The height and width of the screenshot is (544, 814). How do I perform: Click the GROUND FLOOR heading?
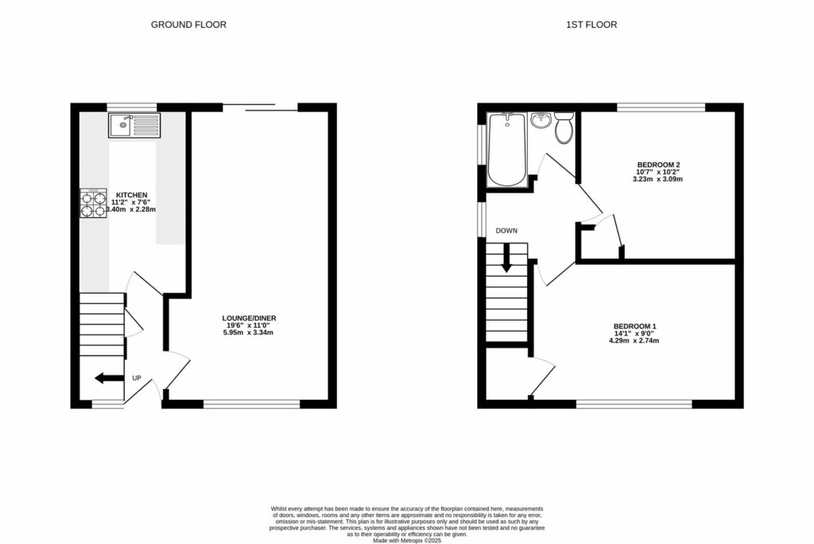click(188, 25)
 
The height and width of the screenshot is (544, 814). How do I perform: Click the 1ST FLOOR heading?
click(591, 25)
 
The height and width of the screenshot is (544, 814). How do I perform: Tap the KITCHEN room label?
click(131, 195)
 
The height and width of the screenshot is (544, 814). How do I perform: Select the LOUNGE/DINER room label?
click(249, 318)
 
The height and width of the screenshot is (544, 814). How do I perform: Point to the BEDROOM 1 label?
click(634, 326)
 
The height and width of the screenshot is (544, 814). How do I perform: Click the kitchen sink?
click(134, 124)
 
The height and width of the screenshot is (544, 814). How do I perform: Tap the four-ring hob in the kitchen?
click(93, 204)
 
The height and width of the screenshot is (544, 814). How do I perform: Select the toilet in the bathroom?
click(564, 127)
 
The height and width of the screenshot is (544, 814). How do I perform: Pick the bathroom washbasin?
click(541, 121)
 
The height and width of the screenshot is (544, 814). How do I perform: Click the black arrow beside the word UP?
click(109, 378)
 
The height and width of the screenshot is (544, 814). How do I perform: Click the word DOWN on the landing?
click(506, 231)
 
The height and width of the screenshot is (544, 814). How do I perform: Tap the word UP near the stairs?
click(137, 378)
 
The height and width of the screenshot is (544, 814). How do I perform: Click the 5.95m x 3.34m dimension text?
click(249, 332)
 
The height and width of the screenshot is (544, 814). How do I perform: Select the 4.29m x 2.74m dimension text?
click(634, 340)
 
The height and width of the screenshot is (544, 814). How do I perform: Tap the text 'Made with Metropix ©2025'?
click(407, 540)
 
